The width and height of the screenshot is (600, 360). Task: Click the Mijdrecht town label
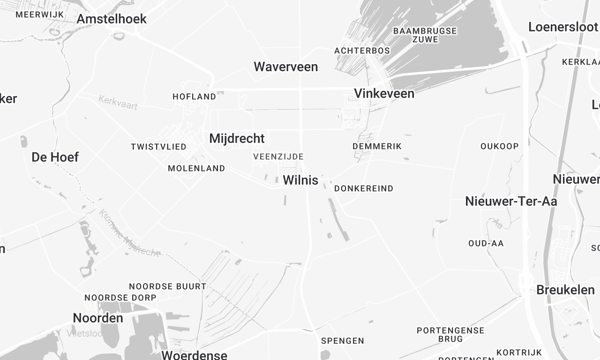pos(236,138)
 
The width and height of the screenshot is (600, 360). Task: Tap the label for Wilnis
pos(301,181)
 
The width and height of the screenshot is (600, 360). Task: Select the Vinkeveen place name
pos(385,93)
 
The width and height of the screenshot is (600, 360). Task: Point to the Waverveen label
pos(285,67)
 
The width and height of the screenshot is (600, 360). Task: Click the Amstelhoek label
pos(111,19)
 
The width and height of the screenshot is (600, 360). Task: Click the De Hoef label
pos(55,157)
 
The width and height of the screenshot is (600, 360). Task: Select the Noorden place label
pos(98,318)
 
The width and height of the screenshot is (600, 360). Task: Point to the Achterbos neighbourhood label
pos(362,49)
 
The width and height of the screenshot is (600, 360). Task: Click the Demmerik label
pos(377,146)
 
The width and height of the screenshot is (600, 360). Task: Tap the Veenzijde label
pos(278,157)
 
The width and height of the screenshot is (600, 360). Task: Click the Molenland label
pos(196,169)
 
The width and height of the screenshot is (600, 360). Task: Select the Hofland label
pos(194,97)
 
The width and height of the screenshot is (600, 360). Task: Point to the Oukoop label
pos(499,146)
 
